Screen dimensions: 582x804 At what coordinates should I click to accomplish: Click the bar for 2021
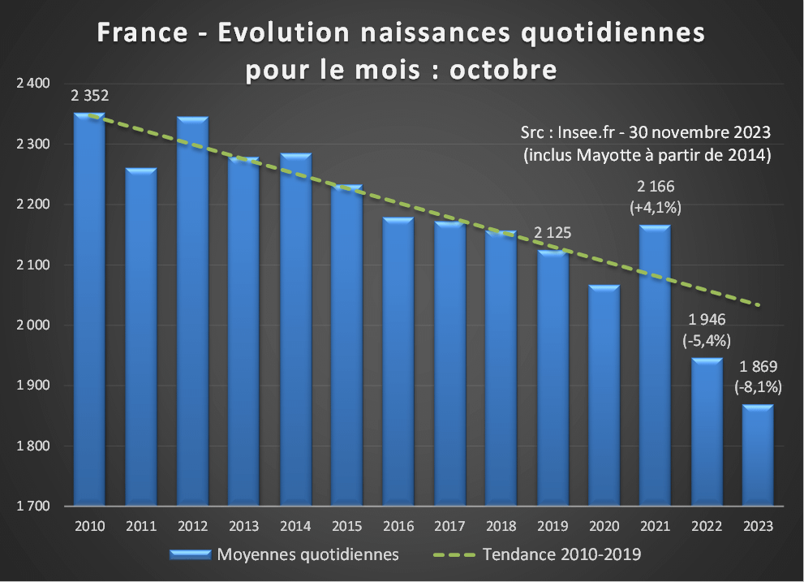coord(654,365)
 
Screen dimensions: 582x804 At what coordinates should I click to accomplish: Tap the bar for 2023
coord(757,455)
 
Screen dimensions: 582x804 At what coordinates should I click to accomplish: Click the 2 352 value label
coord(90,96)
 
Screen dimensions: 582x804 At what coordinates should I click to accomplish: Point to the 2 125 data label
coord(552,234)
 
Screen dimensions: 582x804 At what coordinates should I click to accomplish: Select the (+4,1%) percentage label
coord(655,208)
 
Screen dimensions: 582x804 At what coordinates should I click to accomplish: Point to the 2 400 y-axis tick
coord(33,84)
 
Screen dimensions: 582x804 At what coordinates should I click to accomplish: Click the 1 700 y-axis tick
coord(33,507)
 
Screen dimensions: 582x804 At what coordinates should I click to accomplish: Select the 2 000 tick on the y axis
coord(33,325)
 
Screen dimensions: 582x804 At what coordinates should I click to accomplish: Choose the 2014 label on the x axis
coord(295,526)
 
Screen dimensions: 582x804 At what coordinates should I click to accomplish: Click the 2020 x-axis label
coord(603,526)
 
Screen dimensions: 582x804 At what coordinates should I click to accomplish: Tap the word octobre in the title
coord(503,70)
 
